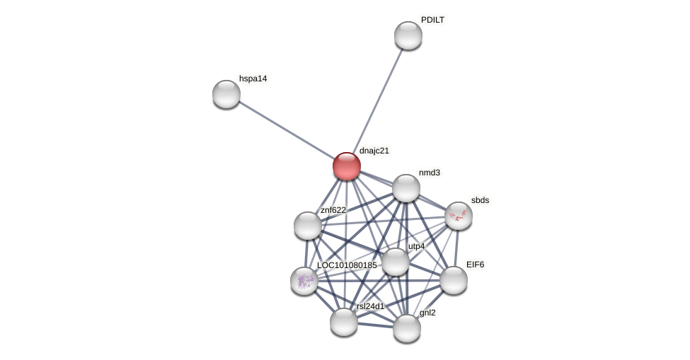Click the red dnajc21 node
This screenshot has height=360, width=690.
point(347,166)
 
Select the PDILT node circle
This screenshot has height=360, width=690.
point(408,35)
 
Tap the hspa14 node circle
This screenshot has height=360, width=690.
point(226,94)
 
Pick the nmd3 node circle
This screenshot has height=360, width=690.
point(406,188)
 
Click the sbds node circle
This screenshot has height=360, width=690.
point(459,216)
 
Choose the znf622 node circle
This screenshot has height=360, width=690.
point(308,226)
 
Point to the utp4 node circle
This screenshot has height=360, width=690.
point(396,262)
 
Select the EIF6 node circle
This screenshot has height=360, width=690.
point(454,280)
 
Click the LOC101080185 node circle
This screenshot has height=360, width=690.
point(304,281)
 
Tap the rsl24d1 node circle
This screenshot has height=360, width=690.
point(344,322)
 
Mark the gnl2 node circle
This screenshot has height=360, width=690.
point(407,328)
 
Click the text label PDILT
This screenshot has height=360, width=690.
point(432,20)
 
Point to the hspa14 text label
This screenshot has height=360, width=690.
point(253,79)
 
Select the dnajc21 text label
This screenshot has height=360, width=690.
point(374,151)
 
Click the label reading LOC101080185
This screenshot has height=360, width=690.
point(347,265)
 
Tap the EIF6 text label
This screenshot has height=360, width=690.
point(475,265)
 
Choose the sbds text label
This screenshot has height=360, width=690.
point(480,200)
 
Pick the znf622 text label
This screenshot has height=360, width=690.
point(333,210)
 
